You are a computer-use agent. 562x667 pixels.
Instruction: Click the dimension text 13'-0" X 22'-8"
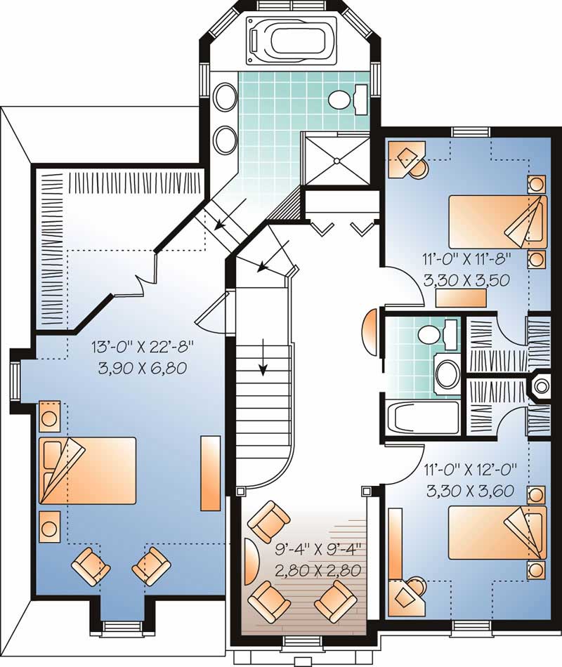(141, 348)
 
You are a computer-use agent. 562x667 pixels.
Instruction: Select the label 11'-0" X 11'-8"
(466, 259)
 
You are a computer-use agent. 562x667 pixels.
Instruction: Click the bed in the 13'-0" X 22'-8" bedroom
(87, 470)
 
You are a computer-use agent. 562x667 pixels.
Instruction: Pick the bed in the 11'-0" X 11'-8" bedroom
(497, 221)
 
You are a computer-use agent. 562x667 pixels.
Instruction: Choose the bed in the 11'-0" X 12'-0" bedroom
(497, 532)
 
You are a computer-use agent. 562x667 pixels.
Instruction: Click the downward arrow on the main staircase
(263, 358)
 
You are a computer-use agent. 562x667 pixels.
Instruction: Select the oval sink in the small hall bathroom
(446, 374)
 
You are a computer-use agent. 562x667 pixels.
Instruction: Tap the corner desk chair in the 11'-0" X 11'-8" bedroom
(417, 166)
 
